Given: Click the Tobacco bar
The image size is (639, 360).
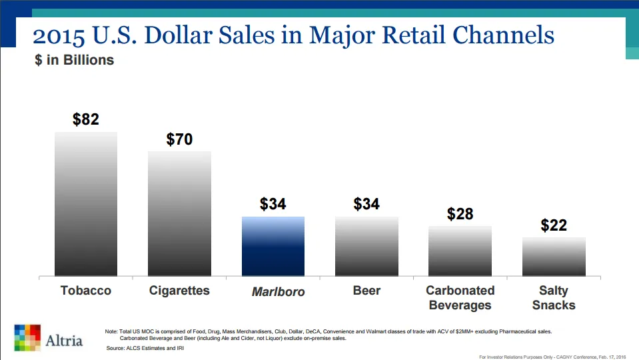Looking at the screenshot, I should (x=86, y=203).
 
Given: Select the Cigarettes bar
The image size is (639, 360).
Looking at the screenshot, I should (x=179, y=213).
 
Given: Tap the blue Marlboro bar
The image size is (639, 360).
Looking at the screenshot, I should (x=273, y=246).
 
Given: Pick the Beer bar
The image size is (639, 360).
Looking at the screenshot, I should (x=366, y=246).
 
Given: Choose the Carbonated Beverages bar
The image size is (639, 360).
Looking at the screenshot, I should (x=460, y=251).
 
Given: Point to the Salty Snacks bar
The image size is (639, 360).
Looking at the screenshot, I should (x=554, y=257).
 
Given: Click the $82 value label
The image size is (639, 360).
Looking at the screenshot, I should (x=86, y=119).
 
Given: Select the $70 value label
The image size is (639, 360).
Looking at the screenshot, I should (x=179, y=139).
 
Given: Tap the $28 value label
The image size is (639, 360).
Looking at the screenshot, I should (x=460, y=214).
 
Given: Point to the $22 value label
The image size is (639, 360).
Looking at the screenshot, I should (x=554, y=225).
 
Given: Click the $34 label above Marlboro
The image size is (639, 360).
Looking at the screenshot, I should (x=273, y=204).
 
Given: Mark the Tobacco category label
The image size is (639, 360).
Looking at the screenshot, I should (x=86, y=291).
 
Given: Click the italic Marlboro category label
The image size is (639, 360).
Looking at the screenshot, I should (x=278, y=292).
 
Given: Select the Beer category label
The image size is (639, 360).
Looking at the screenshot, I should (x=366, y=291).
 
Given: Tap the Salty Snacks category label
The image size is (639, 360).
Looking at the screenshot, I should (x=554, y=298).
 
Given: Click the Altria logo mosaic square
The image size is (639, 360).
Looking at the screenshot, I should (x=27, y=337).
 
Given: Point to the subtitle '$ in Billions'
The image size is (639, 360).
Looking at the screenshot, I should (x=75, y=60).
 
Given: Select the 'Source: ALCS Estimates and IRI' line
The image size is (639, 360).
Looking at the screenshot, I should (x=147, y=348).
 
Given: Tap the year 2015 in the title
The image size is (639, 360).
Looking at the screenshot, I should (x=60, y=35).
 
